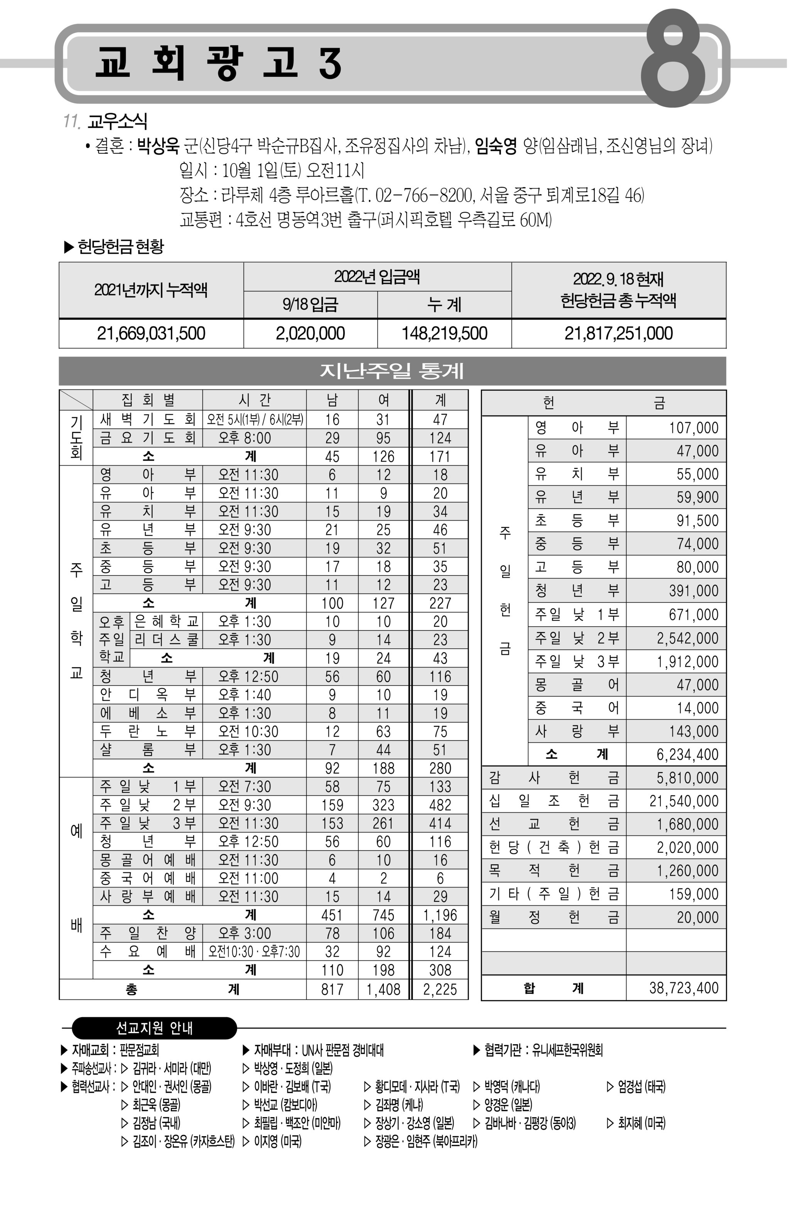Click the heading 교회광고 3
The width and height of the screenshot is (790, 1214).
coord(218,63)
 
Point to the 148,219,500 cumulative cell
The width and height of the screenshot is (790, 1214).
coord(444,333)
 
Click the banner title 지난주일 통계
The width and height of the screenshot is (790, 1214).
coord(392,371)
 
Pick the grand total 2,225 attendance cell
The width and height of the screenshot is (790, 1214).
coord(440,989)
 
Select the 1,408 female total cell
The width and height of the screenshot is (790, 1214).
coord(383,989)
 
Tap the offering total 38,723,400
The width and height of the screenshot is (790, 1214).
coord(684,987)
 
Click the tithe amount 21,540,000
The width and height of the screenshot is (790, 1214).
coord(684,801)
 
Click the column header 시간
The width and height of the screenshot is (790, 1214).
coord(254,400)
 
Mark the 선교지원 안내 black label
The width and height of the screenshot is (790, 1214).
coord(154,1028)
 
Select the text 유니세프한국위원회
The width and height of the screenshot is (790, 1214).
coord(567,1050)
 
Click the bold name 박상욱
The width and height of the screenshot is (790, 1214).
coord(158,146)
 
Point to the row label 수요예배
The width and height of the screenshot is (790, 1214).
coord(147,951)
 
